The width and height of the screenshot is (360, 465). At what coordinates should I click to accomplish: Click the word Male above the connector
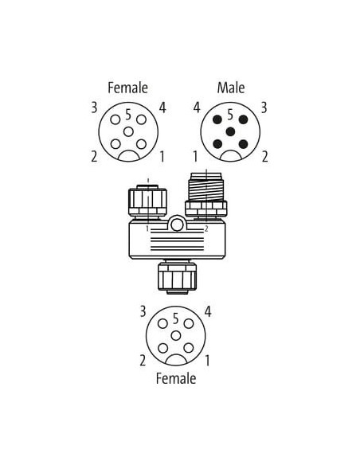(231, 88)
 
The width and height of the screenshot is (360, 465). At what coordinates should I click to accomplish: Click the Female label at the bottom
(176, 378)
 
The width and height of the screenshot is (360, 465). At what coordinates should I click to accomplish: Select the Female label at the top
(127, 88)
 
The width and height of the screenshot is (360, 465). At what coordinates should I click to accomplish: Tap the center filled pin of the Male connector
(230, 131)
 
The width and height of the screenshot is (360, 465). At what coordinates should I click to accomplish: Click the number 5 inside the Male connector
(230, 115)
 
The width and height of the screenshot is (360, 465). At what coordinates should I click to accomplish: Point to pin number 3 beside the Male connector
(264, 107)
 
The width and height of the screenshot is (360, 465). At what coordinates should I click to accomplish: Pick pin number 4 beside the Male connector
(197, 107)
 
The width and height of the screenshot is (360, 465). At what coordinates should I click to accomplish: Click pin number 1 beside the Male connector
(195, 157)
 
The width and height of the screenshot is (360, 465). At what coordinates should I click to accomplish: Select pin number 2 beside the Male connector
(264, 157)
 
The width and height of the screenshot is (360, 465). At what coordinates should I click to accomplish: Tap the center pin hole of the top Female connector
(128, 131)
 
